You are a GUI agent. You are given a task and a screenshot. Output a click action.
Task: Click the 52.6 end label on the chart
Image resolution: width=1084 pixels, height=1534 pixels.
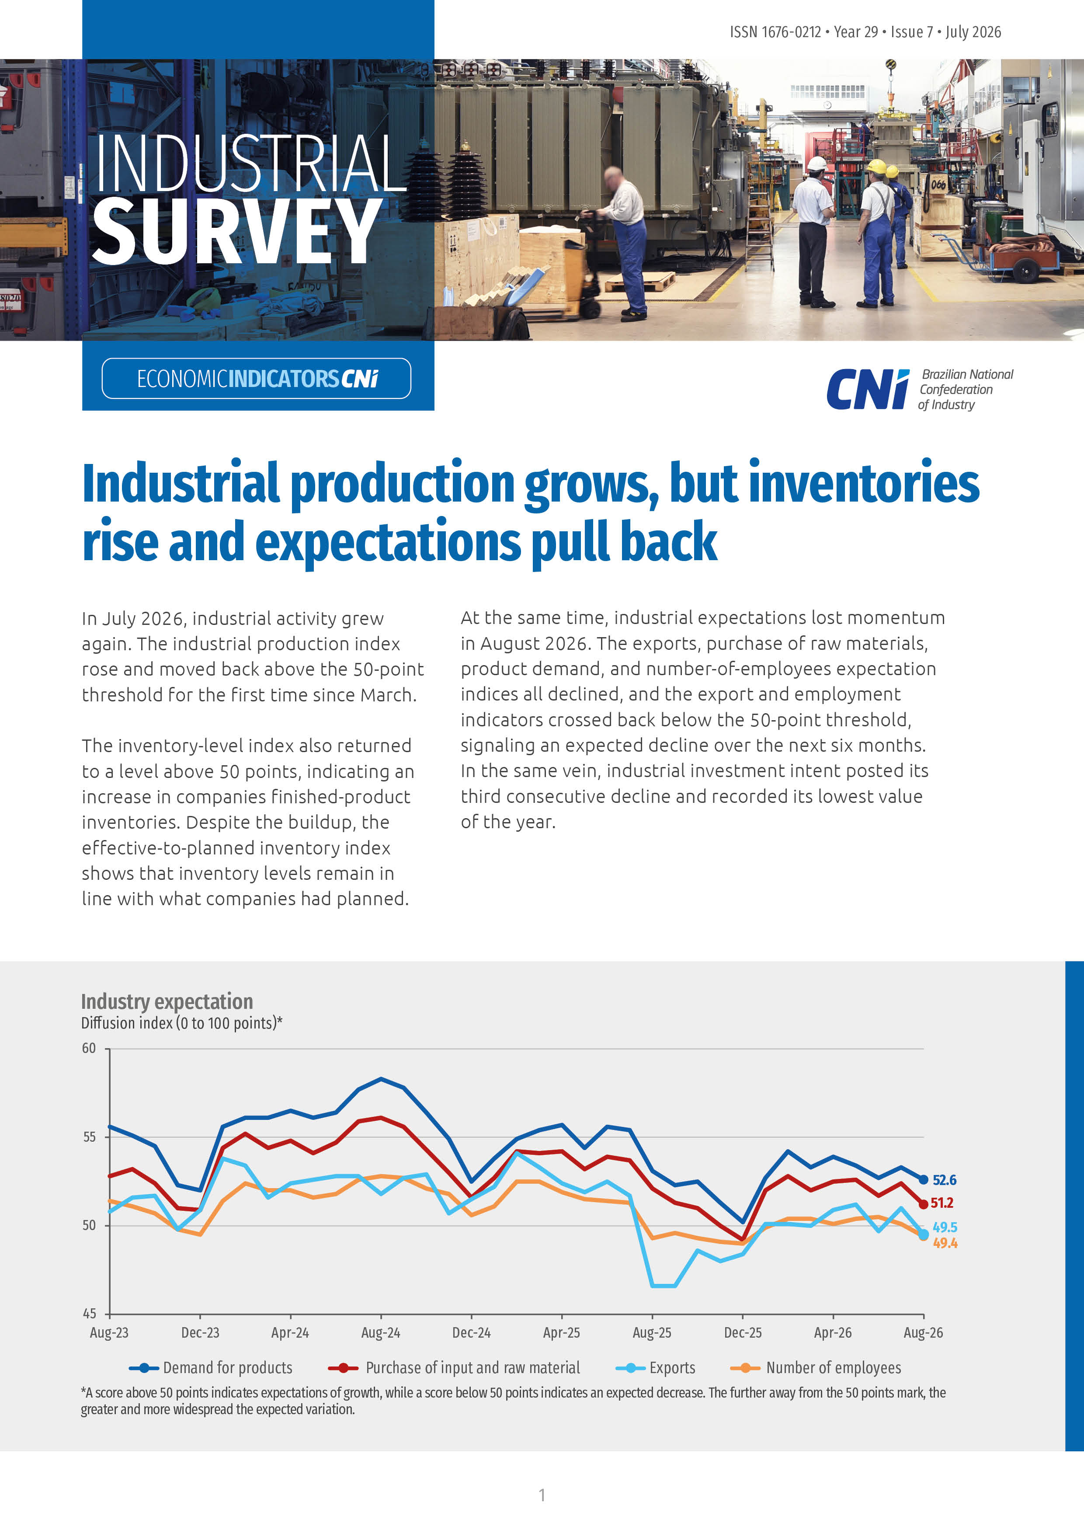point(945,1180)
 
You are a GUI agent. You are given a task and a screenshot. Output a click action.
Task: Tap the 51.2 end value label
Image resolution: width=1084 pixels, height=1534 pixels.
point(942,1203)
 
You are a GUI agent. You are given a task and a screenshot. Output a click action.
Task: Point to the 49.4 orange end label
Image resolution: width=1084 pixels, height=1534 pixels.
point(945,1243)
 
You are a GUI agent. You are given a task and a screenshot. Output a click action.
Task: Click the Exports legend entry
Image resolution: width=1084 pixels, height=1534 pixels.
point(656,1368)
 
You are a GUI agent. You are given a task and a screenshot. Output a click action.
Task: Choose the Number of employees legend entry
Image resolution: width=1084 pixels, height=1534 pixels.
point(816,1368)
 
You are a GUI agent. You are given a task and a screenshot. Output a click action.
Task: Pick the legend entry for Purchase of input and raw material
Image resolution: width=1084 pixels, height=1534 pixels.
point(454,1368)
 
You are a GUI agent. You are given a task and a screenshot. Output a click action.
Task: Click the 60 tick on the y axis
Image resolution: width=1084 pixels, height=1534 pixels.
point(89,1048)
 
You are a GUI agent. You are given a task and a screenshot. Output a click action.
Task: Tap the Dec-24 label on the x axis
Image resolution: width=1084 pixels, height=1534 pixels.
point(472,1332)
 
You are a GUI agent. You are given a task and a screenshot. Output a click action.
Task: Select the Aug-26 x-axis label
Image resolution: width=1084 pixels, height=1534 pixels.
point(923,1332)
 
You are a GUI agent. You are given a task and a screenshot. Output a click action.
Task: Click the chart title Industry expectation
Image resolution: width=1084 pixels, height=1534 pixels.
point(167,1001)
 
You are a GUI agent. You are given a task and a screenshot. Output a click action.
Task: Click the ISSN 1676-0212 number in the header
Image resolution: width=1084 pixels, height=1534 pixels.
point(775,32)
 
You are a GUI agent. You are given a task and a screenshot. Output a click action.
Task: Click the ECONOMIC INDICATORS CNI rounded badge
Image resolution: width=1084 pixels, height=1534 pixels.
point(257,378)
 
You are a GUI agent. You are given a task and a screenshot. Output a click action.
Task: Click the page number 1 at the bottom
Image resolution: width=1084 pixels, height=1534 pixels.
point(542,1495)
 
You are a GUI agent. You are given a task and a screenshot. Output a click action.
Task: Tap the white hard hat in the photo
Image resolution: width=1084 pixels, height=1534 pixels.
point(817,163)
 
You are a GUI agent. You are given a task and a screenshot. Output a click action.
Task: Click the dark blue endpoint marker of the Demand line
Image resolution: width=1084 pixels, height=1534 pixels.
point(924,1180)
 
